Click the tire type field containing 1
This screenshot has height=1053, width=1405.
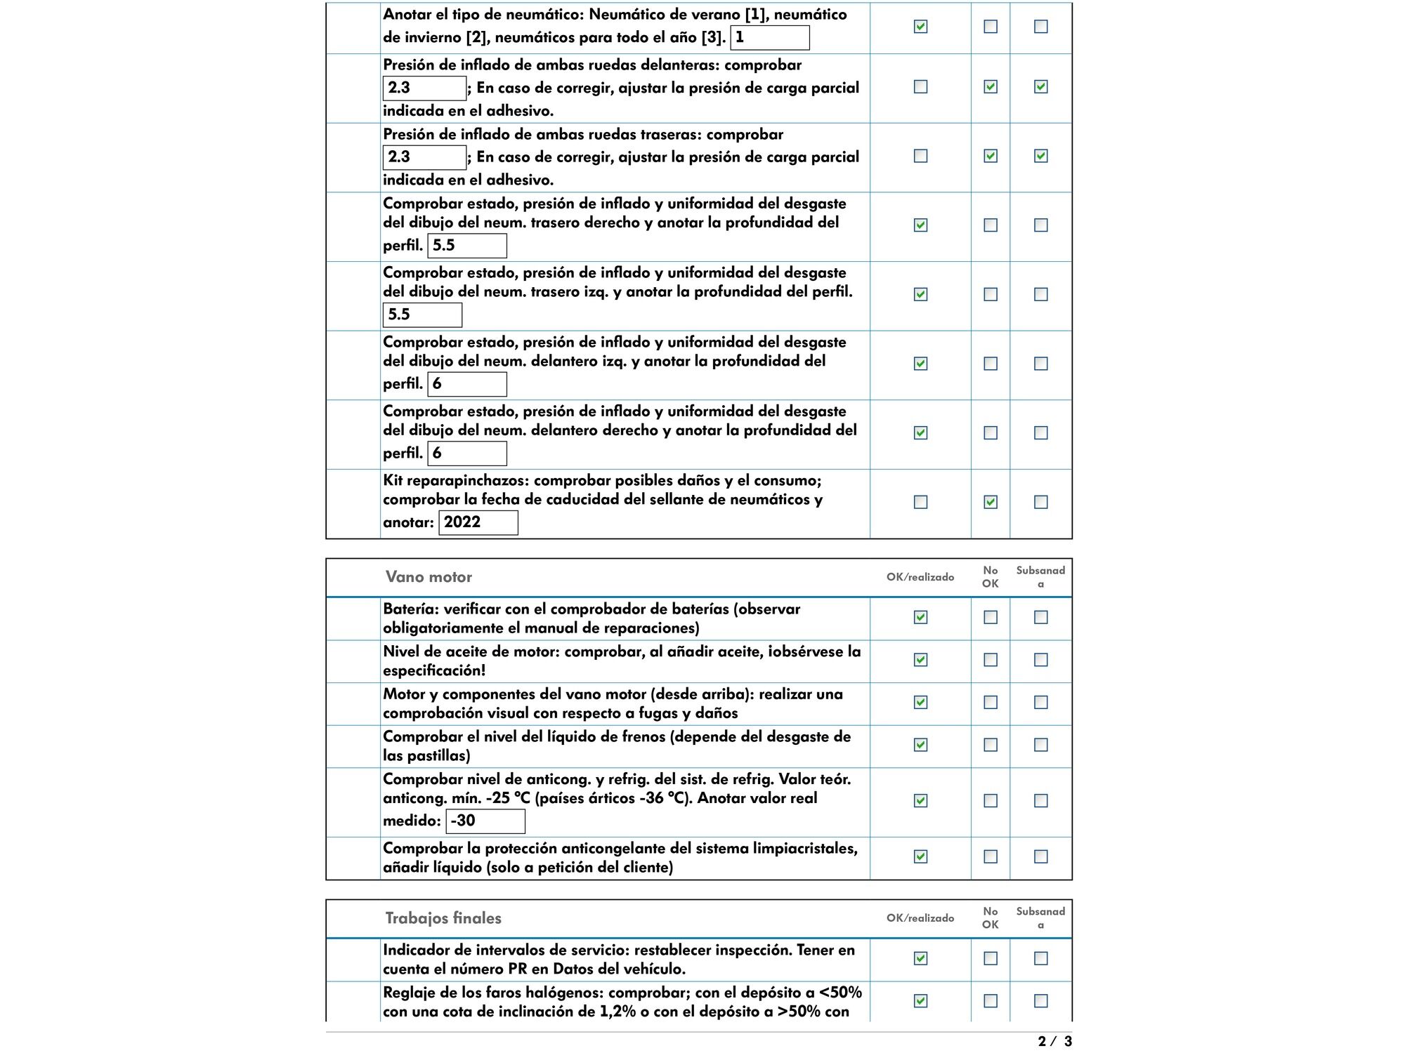(769, 38)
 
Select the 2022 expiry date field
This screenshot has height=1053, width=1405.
(478, 522)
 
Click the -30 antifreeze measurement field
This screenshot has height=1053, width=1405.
(485, 821)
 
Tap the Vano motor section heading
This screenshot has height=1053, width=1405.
(429, 577)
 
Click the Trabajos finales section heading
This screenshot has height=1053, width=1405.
(443, 918)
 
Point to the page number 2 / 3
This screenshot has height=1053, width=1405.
(1054, 1041)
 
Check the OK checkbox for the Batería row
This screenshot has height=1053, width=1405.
(920, 617)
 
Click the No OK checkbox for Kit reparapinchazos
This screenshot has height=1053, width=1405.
(991, 502)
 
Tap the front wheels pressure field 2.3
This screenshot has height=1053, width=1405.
(424, 88)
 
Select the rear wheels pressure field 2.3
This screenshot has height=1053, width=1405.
(424, 157)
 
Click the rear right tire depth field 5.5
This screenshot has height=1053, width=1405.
(466, 246)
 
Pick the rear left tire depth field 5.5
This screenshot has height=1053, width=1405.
(422, 314)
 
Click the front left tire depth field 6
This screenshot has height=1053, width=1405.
(466, 384)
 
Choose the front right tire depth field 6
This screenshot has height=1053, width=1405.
(466, 453)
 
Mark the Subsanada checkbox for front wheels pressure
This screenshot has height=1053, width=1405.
(1041, 86)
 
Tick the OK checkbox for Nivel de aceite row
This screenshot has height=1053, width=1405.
(920, 660)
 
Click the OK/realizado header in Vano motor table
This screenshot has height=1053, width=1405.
(920, 577)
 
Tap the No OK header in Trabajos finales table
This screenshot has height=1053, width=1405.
(991, 918)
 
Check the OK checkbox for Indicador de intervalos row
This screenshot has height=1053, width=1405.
(920, 958)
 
